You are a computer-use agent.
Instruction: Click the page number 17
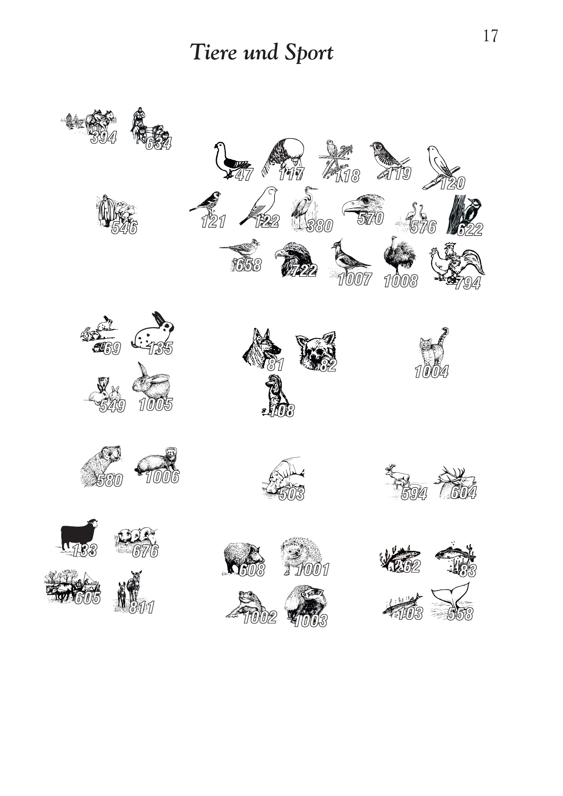point(490,36)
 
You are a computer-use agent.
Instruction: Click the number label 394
point(103,137)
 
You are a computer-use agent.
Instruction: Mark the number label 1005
point(155,405)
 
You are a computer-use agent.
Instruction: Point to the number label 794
point(467,283)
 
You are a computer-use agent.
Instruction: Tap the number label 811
point(142,607)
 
